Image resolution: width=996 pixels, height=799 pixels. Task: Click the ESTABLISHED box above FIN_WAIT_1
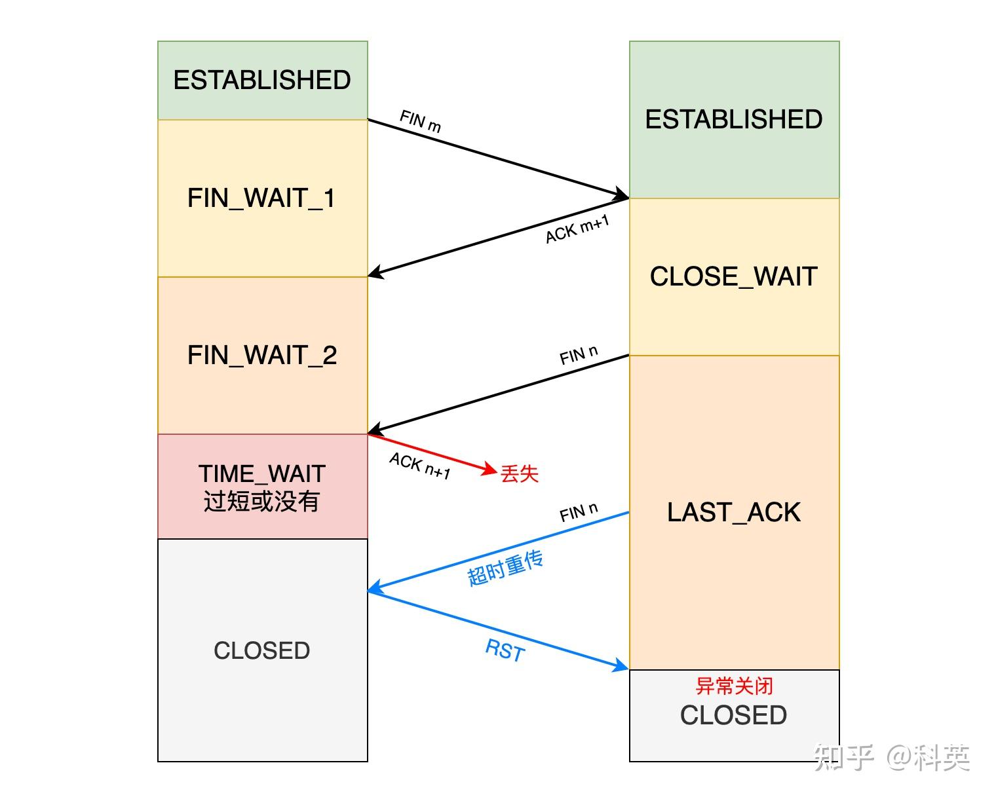click(262, 80)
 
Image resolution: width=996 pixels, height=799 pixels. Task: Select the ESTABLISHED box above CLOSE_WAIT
click(734, 119)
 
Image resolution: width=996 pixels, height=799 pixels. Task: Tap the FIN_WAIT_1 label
click(261, 198)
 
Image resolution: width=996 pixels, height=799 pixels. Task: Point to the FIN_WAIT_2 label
click(262, 355)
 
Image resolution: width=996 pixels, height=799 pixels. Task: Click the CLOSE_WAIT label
click(734, 276)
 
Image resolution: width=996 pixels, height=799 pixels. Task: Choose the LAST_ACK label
click(734, 512)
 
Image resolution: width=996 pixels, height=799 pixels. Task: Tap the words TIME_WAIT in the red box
click(262, 474)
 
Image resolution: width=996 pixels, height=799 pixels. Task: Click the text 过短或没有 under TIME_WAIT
click(261, 501)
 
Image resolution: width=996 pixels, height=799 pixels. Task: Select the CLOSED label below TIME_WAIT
click(262, 650)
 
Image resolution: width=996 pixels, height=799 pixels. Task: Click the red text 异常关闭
click(734, 686)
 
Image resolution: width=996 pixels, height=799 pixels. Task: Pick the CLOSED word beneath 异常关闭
click(734, 715)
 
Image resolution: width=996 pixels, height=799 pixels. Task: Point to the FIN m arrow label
click(420, 122)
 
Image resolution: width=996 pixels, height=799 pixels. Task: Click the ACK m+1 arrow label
click(577, 230)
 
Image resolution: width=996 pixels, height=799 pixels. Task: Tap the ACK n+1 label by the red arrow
click(420, 466)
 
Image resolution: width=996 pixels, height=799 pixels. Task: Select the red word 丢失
click(520, 474)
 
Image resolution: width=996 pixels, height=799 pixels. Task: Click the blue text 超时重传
click(505, 568)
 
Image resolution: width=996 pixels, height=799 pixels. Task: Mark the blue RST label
click(505, 650)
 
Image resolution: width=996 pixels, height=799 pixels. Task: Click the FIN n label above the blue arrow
click(579, 512)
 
